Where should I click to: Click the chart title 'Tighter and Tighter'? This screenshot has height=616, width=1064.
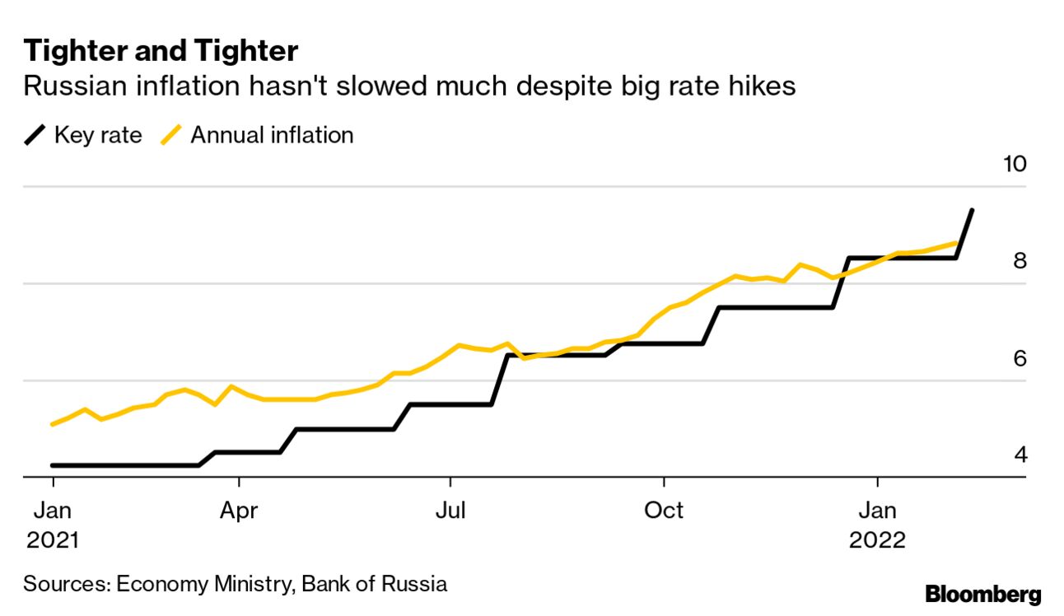(161, 51)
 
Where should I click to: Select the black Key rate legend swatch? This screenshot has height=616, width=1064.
(35, 135)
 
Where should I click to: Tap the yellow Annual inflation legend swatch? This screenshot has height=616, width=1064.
(171, 135)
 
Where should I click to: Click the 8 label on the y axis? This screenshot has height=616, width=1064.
(1020, 260)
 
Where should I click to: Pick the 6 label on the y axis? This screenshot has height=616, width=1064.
(1020, 358)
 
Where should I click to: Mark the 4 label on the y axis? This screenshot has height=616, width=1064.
(1020, 455)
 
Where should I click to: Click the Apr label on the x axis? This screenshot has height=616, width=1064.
(239, 511)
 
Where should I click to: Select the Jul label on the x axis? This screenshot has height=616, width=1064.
(450, 511)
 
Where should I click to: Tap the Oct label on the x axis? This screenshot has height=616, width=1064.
(664, 511)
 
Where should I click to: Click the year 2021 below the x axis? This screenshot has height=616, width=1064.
(53, 540)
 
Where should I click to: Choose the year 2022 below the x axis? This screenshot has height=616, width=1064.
(878, 540)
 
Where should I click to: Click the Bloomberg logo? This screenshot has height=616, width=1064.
(982, 595)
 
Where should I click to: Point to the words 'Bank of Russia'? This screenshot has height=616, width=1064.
(375, 584)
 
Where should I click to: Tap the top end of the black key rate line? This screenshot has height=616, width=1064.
(973, 211)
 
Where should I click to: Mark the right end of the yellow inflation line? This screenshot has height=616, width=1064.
(956, 243)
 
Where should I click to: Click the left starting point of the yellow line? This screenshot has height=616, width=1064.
(53, 424)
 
